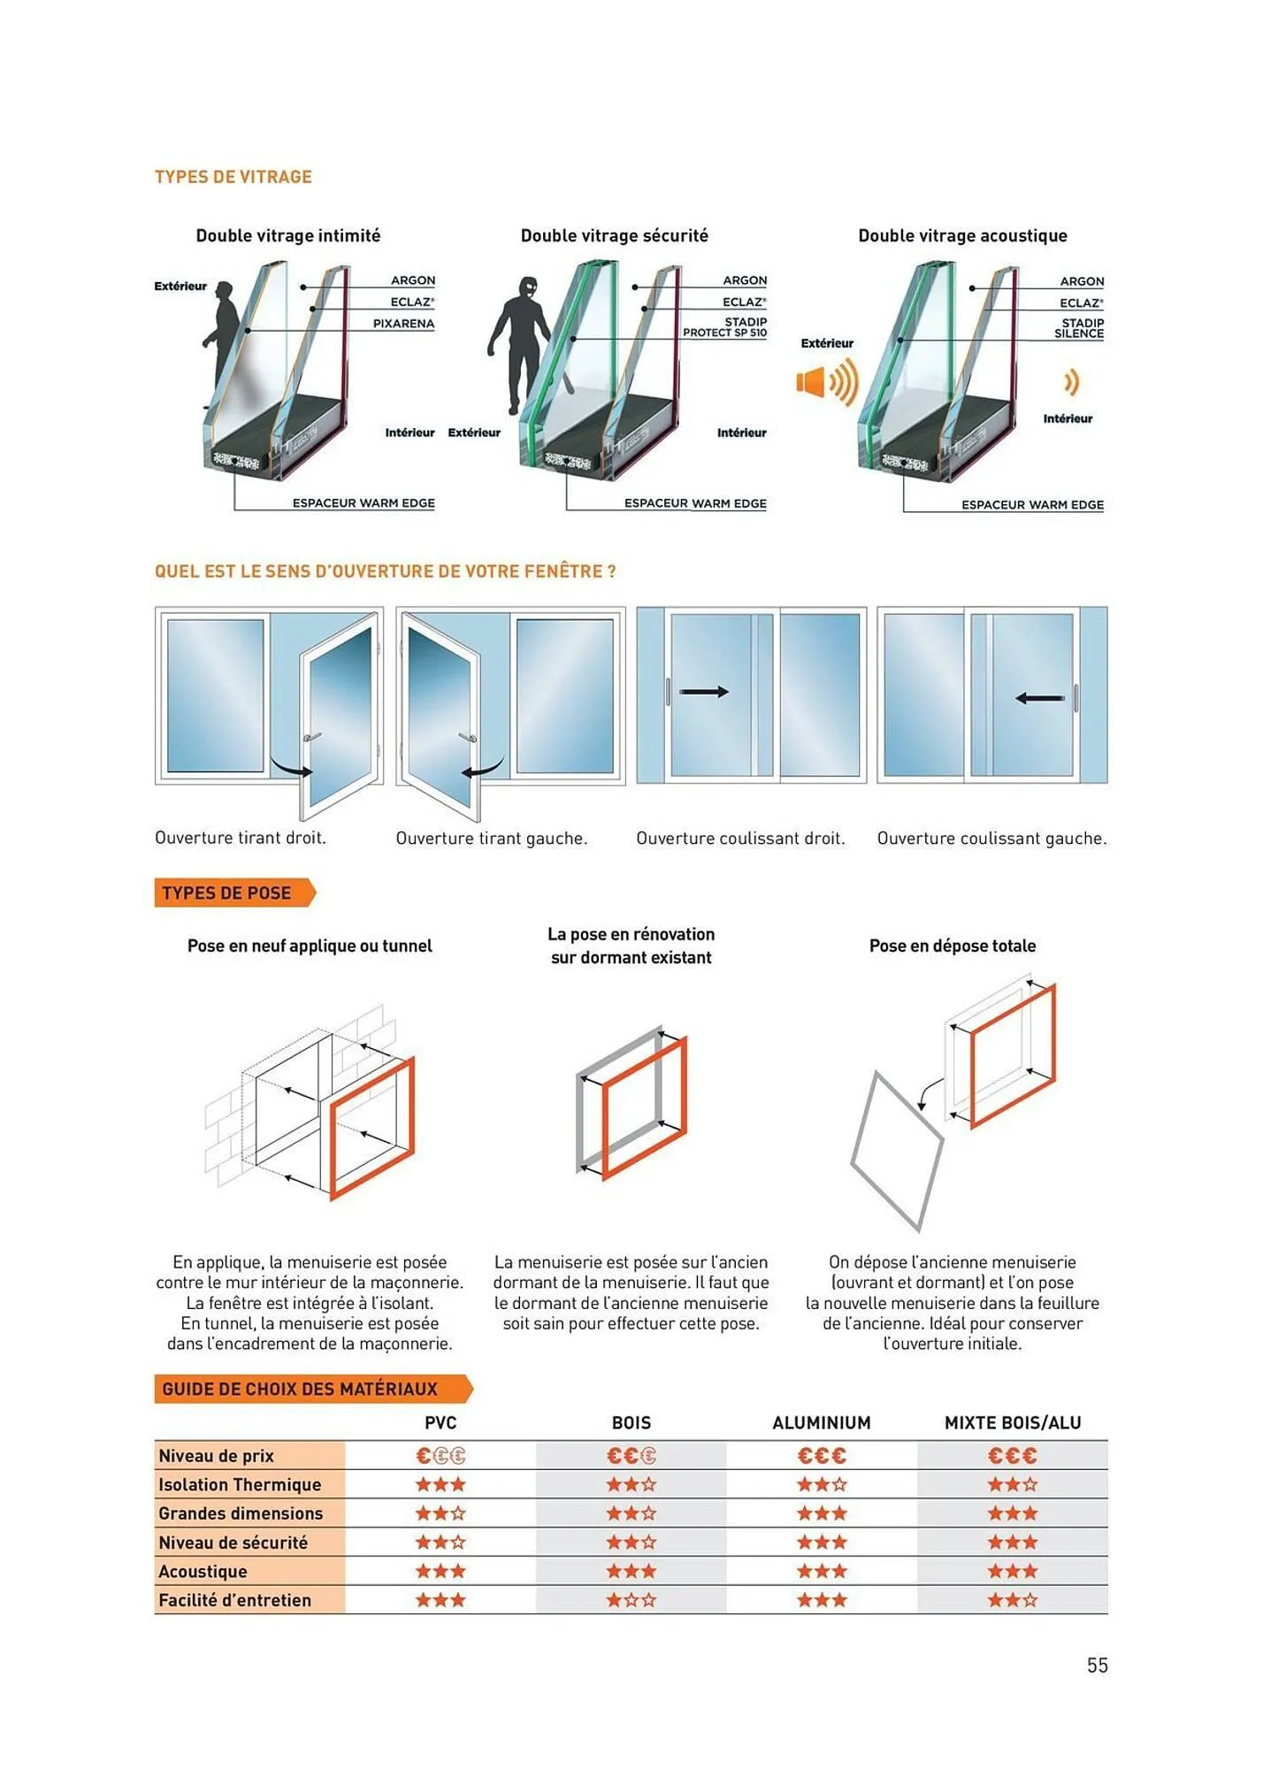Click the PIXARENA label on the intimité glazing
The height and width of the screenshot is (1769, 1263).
pos(403,324)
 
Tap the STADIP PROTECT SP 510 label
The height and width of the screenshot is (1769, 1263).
pos(724,327)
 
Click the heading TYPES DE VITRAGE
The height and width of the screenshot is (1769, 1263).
pos(233,177)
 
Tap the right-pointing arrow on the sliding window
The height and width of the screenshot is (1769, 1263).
pos(704,692)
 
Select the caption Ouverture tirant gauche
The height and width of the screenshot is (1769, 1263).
pos(491,839)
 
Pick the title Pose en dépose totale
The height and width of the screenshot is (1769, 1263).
pos(952,946)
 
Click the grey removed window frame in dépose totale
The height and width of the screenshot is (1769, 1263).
pos(895,1150)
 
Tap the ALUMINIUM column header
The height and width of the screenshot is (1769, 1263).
pos(821,1423)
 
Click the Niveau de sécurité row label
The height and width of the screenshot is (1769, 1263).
pos(233,1543)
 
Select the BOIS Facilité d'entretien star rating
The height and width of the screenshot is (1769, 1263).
pos(631,1600)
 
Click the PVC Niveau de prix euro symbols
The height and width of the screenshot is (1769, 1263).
pos(440,1456)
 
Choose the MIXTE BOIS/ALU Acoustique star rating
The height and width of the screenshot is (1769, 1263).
pos(1012,1572)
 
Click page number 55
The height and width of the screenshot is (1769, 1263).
pos(1097,1666)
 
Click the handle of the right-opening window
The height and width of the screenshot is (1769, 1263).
pos(311,737)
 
